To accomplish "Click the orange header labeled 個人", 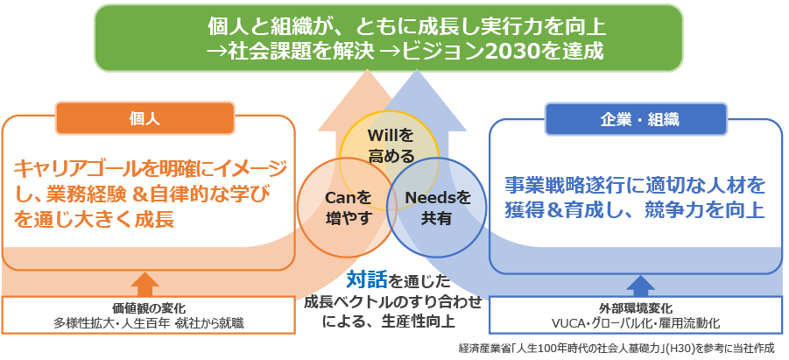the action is click(144, 119).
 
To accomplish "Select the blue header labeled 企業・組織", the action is click(636, 120).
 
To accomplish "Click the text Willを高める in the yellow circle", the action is click(391, 145).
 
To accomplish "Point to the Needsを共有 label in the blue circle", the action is click(437, 208).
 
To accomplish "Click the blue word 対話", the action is click(366, 279).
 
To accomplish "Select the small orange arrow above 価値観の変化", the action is click(144, 284).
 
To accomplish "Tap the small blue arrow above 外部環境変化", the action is click(640, 285).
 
